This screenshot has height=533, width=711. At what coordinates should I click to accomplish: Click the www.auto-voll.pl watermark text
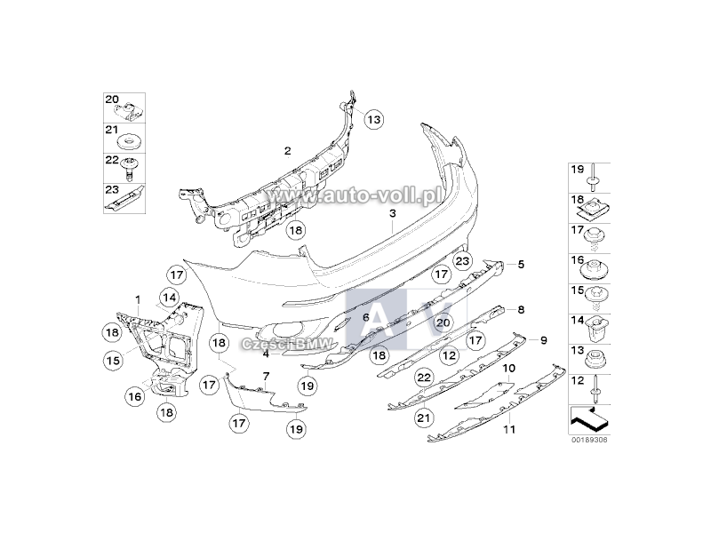click(x=355, y=195)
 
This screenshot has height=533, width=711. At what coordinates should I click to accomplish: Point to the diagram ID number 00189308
click(x=589, y=440)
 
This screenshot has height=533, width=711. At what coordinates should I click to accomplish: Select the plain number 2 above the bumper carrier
click(x=287, y=151)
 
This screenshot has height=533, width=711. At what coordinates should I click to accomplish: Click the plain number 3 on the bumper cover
click(x=393, y=213)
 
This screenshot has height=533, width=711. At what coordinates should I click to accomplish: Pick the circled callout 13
click(x=373, y=120)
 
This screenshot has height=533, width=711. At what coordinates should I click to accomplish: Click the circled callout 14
click(x=170, y=298)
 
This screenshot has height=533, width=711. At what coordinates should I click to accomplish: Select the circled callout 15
click(x=113, y=361)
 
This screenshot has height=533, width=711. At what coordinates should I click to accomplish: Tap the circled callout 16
click(x=135, y=397)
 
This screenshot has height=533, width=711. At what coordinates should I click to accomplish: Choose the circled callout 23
click(x=462, y=261)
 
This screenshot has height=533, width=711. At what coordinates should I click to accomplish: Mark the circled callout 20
click(x=443, y=322)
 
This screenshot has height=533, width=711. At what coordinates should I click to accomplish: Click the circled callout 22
click(x=424, y=378)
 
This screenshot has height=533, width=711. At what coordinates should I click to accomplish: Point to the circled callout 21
click(x=424, y=418)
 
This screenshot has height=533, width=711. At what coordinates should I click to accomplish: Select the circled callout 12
click(x=450, y=355)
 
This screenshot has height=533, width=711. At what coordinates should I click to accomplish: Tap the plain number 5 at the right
click(x=521, y=264)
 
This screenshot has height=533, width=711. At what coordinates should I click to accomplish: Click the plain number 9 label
click(x=544, y=340)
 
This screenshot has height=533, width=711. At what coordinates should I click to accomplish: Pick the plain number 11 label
click(x=509, y=429)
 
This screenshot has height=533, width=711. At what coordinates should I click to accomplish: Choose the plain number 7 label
click(x=266, y=376)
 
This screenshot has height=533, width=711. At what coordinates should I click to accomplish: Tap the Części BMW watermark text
click(x=287, y=344)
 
